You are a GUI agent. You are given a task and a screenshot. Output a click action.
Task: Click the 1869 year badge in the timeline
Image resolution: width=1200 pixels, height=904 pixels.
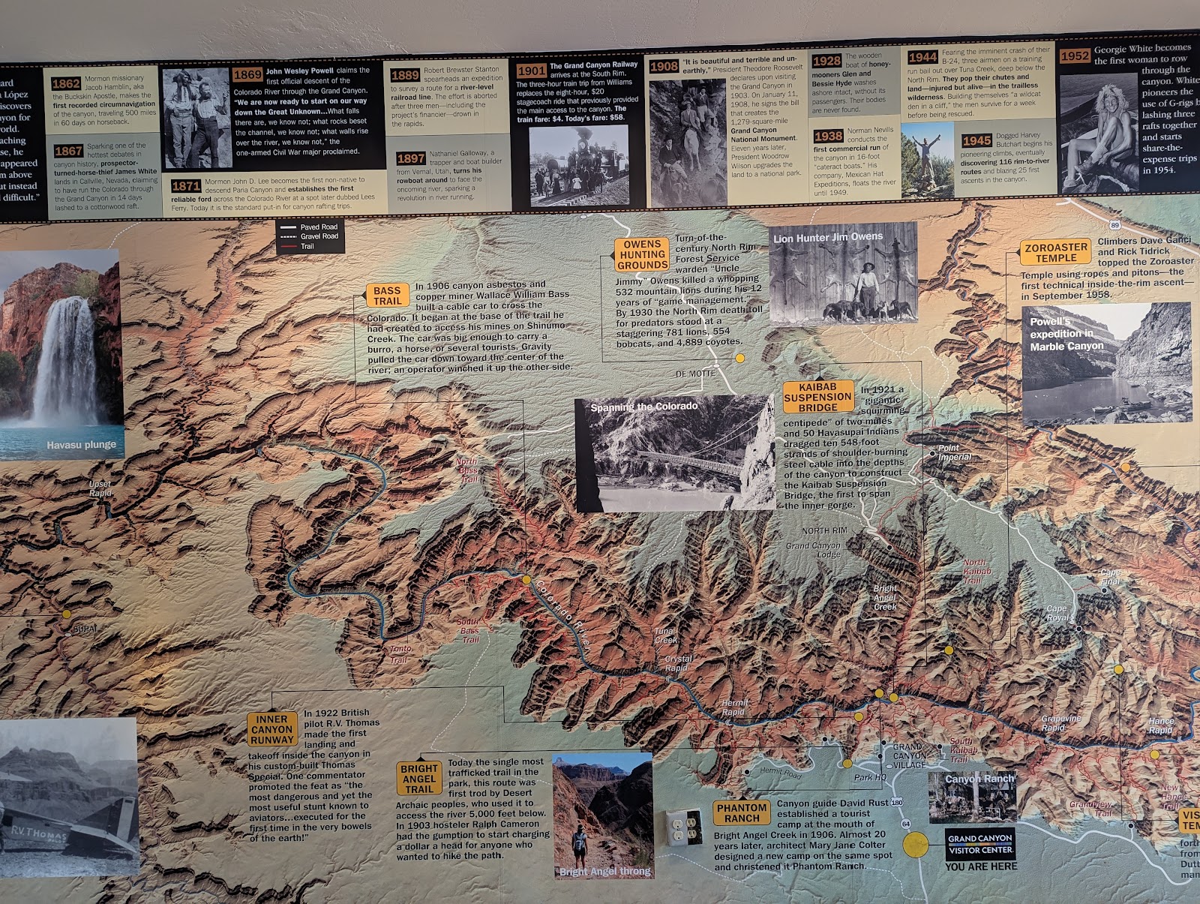pos(247,74)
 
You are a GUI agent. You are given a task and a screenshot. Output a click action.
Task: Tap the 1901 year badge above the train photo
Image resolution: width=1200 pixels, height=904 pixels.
pos(531,71)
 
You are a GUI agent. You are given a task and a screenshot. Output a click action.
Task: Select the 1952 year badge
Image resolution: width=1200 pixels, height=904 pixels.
pos(1074,56)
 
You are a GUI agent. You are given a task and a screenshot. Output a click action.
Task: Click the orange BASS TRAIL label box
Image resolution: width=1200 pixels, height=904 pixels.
pos(387,296)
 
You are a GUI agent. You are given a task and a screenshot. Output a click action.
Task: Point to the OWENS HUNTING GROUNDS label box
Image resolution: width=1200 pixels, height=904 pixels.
pos(642,254)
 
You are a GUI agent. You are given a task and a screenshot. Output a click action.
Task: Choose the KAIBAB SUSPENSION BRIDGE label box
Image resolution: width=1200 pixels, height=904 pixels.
pos(817,397)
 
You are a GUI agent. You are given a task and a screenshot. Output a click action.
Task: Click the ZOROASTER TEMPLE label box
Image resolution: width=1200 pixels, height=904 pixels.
pos(1056,253)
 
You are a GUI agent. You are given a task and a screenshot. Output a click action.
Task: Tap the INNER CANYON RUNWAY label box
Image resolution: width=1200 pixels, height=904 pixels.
pos(272,729)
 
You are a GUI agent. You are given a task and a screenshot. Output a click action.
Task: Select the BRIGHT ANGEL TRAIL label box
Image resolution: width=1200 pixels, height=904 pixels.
pos(419,779)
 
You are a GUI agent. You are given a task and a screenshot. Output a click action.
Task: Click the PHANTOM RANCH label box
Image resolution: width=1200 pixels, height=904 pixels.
pos(742,812)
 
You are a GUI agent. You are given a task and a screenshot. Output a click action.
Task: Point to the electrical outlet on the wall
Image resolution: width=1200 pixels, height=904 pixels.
pos(683,827)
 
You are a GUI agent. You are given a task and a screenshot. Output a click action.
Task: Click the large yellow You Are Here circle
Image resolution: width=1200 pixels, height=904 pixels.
pos(915,844)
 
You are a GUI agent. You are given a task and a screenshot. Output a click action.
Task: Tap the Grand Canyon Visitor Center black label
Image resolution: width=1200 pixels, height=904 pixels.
pos(979,844)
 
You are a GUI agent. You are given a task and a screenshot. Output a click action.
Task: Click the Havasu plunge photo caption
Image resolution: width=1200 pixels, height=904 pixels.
pos(81,445)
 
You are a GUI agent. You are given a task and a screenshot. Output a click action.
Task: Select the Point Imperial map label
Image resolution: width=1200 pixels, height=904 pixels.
pos(954,452)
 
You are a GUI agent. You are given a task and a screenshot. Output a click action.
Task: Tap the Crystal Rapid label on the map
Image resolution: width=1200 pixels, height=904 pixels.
pos(678,663)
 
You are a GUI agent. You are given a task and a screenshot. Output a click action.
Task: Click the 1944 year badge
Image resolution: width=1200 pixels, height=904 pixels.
pos(922,58)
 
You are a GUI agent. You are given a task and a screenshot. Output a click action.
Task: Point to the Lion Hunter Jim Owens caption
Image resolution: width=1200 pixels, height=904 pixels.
pos(828,238)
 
